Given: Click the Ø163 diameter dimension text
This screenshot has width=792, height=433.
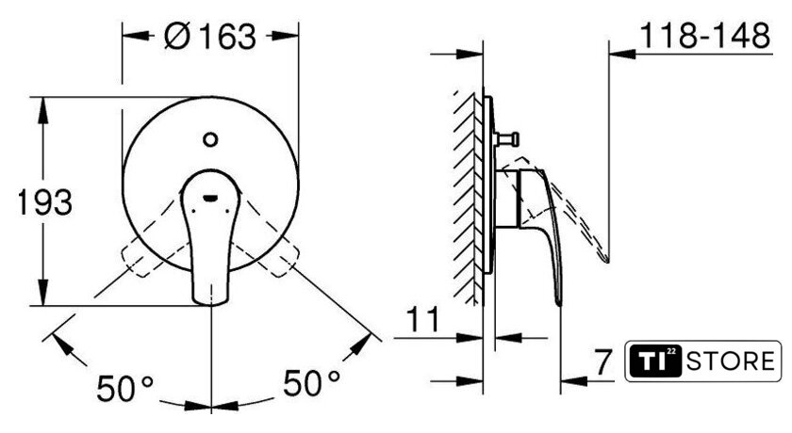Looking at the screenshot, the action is click(x=210, y=37).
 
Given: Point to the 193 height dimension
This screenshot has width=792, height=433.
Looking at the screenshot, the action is click(x=45, y=202).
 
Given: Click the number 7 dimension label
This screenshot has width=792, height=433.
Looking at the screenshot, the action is click(x=603, y=361).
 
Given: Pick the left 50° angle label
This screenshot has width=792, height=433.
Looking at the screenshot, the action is click(x=124, y=388).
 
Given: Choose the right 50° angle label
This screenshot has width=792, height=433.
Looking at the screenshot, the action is click(x=311, y=382).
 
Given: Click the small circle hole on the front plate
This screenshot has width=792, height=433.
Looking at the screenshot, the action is click(x=210, y=139).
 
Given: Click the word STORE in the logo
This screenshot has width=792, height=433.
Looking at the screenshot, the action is click(x=731, y=361).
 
